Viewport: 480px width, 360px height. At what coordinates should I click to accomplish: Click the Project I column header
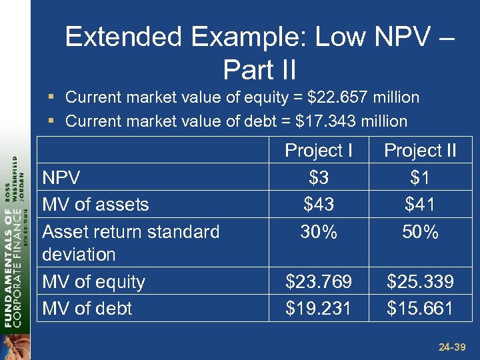(x=319, y=151)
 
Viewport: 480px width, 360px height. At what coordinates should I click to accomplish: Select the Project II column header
(x=420, y=151)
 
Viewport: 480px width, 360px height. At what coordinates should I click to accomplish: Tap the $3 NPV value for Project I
(x=319, y=177)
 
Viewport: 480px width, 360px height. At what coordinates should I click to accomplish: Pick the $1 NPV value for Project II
(x=420, y=177)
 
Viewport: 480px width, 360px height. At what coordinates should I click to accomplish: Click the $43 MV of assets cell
(x=319, y=204)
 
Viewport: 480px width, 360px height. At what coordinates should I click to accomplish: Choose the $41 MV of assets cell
(x=420, y=204)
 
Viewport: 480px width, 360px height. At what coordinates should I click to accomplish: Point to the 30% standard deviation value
(x=319, y=232)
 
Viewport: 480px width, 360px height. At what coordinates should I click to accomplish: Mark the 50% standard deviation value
(x=420, y=232)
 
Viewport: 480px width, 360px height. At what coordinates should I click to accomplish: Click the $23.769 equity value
(x=319, y=282)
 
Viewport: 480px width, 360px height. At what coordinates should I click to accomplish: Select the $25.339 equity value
(x=420, y=282)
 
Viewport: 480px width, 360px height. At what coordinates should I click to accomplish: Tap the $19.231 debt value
(x=319, y=309)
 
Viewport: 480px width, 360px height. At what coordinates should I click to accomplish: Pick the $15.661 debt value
(x=420, y=309)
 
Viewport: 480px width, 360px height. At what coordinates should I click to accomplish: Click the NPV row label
(x=61, y=177)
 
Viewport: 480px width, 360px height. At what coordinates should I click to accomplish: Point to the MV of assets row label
(x=95, y=204)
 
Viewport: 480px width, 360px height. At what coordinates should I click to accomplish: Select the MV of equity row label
(x=93, y=282)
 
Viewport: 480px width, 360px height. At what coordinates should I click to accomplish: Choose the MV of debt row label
(x=87, y=309)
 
